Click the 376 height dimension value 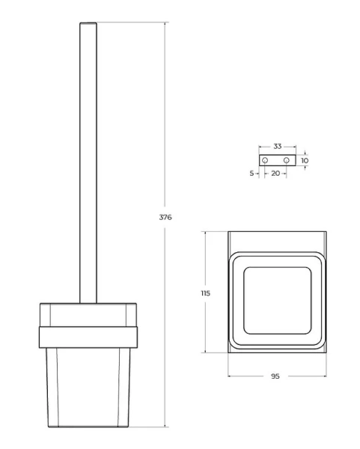click(x=165, y=217)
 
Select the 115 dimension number click(x=206, y=293)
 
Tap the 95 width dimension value click(x=275, y=376)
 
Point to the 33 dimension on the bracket click(x=277, y=147)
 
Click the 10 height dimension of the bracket click(x=305, y=160)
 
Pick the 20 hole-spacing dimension click(x=275, y=173)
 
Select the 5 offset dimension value click(x=251, y=173)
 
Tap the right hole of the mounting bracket click(x=286, y=160)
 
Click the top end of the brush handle click(x=88, y=25)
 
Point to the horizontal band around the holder click(x=87, y=336)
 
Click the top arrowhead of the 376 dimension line click(x=165, y=25)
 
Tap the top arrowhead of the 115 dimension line click(x=206, y=233)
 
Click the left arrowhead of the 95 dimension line click(x=229, y=376)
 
